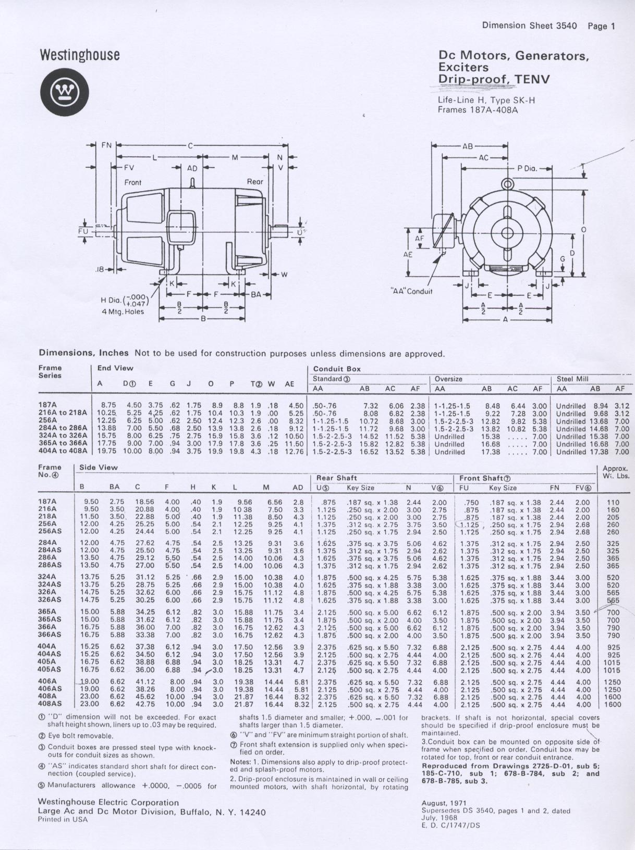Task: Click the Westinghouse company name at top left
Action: [79, 55]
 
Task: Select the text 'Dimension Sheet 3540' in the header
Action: [529, 26]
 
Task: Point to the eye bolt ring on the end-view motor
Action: [506, 183]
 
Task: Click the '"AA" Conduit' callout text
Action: [412, 291]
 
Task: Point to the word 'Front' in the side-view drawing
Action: [133, 182]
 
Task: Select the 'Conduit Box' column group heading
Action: [337, 369]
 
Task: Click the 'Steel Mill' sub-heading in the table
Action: [572, 379]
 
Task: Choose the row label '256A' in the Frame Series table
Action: [48, 421]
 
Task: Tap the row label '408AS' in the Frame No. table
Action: [50, 705]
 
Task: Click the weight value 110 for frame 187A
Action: [613, 503]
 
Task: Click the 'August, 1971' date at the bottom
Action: [444, 803]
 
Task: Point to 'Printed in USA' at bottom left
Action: [63, 819]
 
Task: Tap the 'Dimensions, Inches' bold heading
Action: [84, 353]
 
